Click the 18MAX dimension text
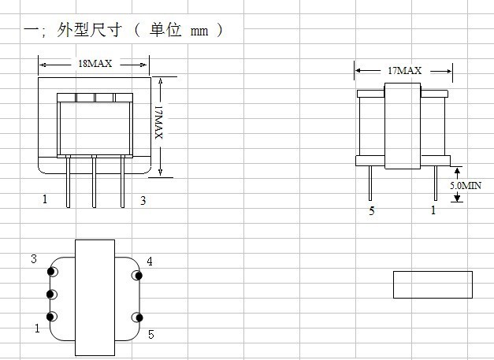coord(95,64)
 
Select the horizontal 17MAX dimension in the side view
coord(404,71)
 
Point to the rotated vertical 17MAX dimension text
coord(159,122)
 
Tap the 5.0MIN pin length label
coord(466,185)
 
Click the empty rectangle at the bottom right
coord(433,284)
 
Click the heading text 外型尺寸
coord(89,30)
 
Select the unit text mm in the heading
coord(199,32)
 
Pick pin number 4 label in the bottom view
coord(150,261)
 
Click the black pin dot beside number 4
coord(139,276)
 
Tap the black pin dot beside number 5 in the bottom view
coord(139,317)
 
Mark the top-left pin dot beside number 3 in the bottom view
coord(50,271)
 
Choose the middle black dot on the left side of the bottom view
coord(50,295)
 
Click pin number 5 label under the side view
coord(372,210)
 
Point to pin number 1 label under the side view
coord(433,210)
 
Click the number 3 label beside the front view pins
coord(143,200)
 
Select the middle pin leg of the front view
coord(94,181)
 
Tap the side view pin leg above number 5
coord(370,183)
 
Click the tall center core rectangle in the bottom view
coord(95,298)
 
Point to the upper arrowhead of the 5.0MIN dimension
coord(457,170)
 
